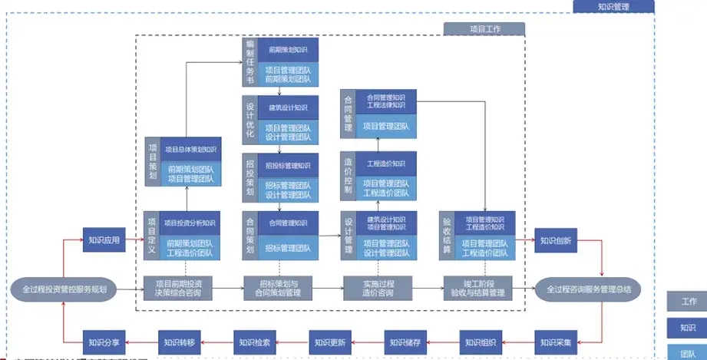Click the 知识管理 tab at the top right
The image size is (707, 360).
click(613, 7)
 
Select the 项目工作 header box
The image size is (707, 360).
click(484, 29)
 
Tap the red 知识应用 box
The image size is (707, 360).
click(104, 239)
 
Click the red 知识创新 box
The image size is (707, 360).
click(555, 239)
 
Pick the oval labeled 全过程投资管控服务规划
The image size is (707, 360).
click(64, 289)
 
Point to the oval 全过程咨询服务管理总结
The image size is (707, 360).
click(588, 289)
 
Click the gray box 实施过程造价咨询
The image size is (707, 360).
click(379, 288)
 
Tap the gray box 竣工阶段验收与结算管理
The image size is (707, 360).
click(477, 288)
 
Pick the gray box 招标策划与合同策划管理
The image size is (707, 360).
click(279, 288)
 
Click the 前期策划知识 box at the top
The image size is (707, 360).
click(287, 50)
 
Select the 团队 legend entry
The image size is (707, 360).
click(686, 353)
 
